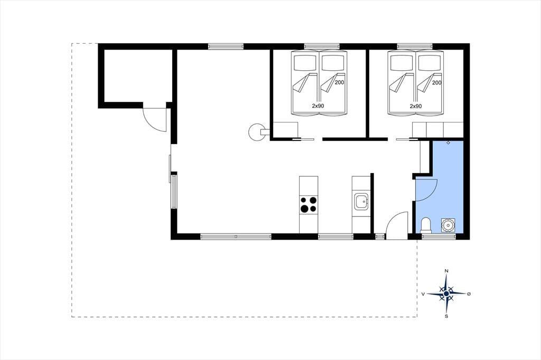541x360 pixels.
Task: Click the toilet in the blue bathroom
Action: [426, 225]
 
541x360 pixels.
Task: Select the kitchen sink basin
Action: [361, 201]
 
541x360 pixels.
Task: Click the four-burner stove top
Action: [309, 204]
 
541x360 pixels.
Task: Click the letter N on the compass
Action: [446, 271]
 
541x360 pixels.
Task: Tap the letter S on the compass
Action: [446, 316]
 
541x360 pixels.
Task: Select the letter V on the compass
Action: [423, 294]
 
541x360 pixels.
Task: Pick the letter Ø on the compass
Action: [469, 294]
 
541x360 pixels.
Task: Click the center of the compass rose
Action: [446, 293]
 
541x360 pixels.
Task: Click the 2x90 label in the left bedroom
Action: [318, 106]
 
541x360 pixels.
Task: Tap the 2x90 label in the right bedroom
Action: [416, 106]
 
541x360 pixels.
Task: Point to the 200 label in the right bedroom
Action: [437, 83]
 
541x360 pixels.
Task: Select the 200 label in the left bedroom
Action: [340, 83]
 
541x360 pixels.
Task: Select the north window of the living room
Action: [226, 46]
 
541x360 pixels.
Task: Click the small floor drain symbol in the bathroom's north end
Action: [448, 143]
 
